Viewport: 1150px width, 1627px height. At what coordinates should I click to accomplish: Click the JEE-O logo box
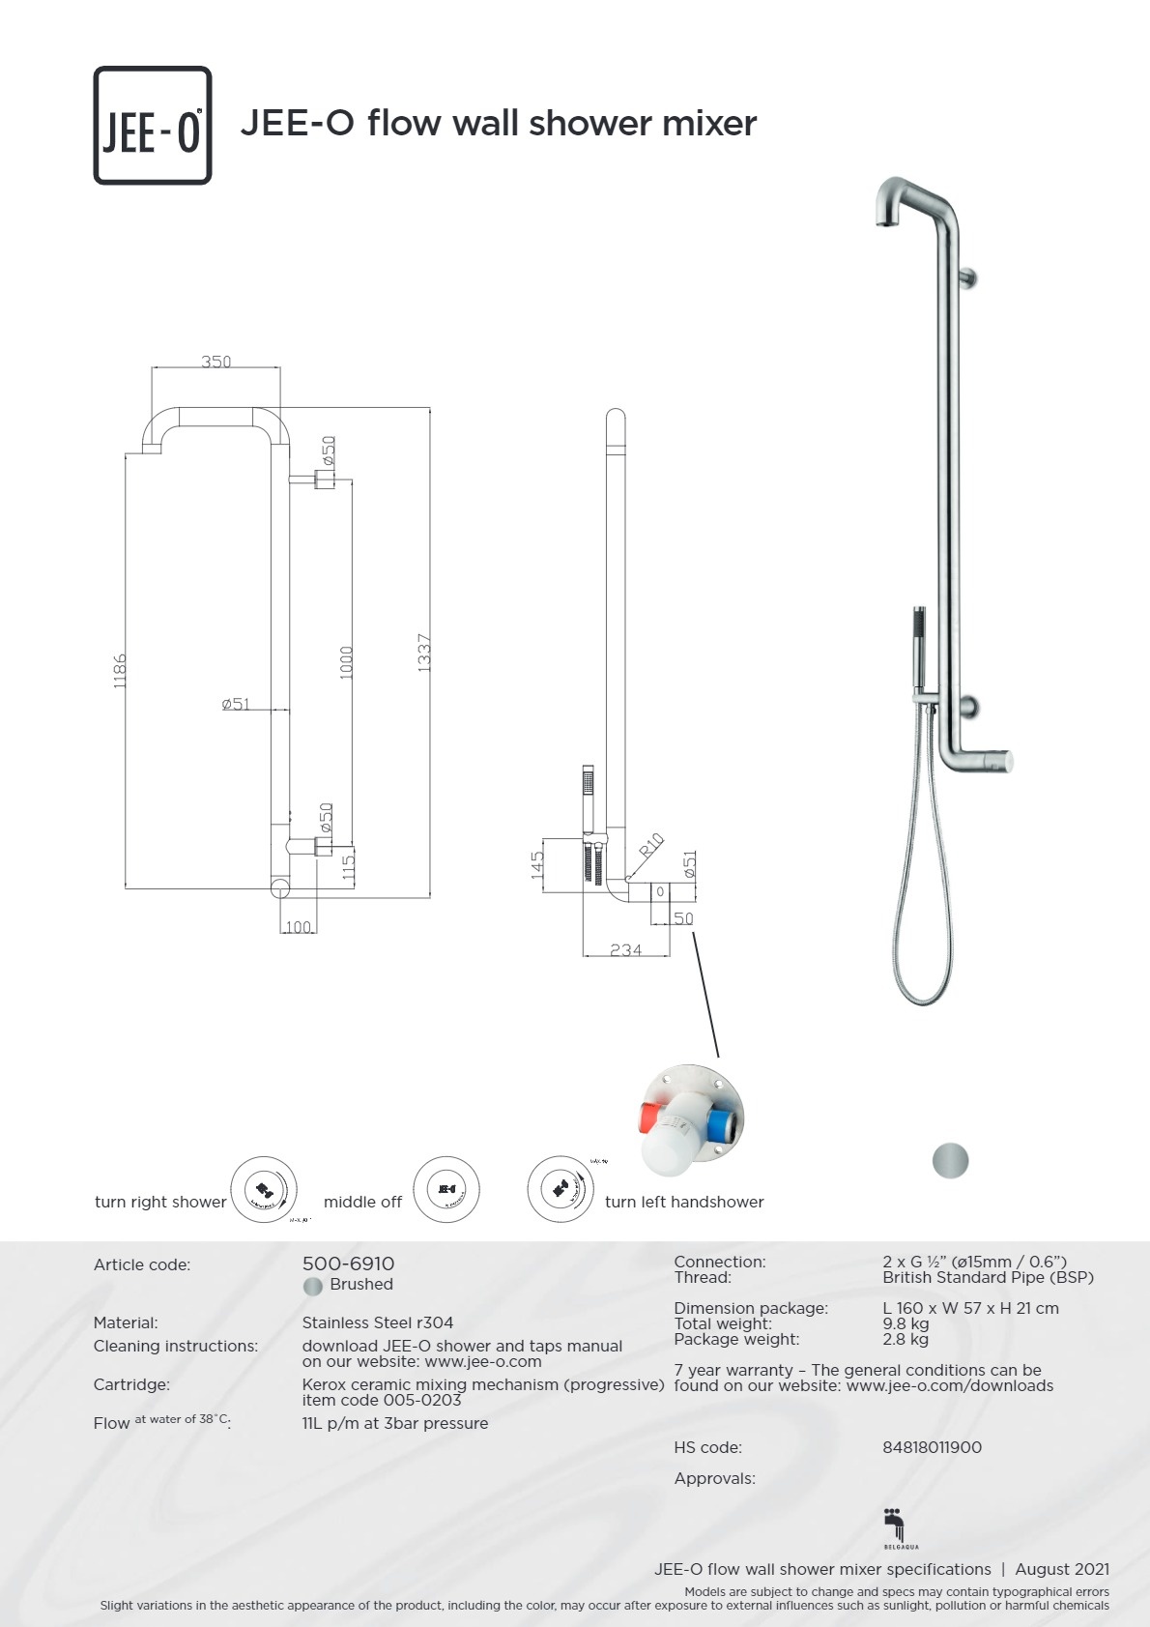[x=153, y=126]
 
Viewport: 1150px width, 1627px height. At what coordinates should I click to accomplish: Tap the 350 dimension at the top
[x=216, y=362]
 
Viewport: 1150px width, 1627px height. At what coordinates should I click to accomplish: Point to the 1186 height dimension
[x=120, y=670]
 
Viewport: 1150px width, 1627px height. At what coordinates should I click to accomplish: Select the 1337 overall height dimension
[x=423, y=653]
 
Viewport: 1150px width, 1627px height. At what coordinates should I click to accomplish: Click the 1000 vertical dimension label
[x=347, y=662]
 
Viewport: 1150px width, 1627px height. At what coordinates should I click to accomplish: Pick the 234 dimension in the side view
[x=625, y=950]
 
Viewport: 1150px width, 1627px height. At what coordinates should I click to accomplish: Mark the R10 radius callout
[x=652, y=845]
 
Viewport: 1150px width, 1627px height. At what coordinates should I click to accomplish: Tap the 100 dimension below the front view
[x=298, y=927]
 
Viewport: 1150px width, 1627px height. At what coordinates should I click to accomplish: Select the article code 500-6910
[x=348, y=1264]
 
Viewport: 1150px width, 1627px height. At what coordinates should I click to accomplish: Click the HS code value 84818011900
[x=932, y=1447]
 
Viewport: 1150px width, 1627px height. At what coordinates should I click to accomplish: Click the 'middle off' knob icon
[x=446, y=1189]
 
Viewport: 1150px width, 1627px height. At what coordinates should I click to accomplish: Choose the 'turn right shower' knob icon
[x=264, y=1189]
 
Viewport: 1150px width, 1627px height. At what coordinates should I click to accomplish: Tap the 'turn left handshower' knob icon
[x=561, y=1188]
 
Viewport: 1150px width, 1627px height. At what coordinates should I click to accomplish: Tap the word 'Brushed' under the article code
[x=361, y=1284]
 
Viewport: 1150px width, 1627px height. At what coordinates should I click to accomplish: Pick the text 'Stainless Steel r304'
[x=377, y=1322]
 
